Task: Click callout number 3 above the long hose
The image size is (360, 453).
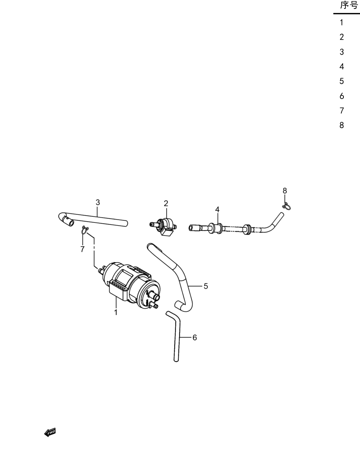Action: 97,202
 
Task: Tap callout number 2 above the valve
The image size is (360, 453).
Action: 166,203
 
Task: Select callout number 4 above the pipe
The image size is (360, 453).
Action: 217,210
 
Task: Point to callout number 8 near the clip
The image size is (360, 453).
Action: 285,191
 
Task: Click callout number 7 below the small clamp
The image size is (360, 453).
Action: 83,249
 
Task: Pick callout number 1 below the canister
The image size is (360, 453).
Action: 116,312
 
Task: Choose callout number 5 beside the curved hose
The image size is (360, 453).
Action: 206,286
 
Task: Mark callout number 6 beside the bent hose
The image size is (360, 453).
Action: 195,337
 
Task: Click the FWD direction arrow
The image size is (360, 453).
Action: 50,432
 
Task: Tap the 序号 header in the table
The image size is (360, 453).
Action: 349,5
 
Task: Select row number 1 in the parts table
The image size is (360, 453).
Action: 341,22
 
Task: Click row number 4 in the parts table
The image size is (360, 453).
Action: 342,67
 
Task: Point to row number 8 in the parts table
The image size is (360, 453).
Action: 342,125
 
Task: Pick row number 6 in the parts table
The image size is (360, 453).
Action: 342,96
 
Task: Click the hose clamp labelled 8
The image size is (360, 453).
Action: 286,206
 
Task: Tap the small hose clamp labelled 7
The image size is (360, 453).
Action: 85,230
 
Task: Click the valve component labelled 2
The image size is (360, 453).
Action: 164,227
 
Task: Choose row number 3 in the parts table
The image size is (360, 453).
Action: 342,52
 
